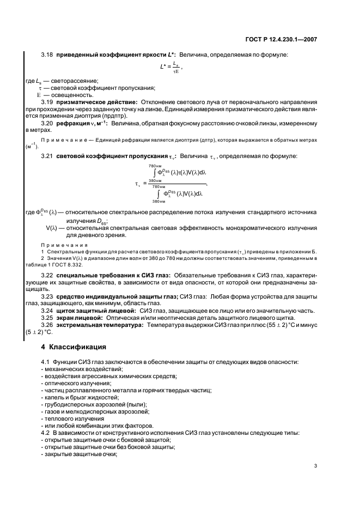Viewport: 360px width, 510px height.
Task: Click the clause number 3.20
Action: pyautogui.click(x=48, y=124)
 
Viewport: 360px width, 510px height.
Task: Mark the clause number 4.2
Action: pyautogui.click(x=45, y=433)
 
